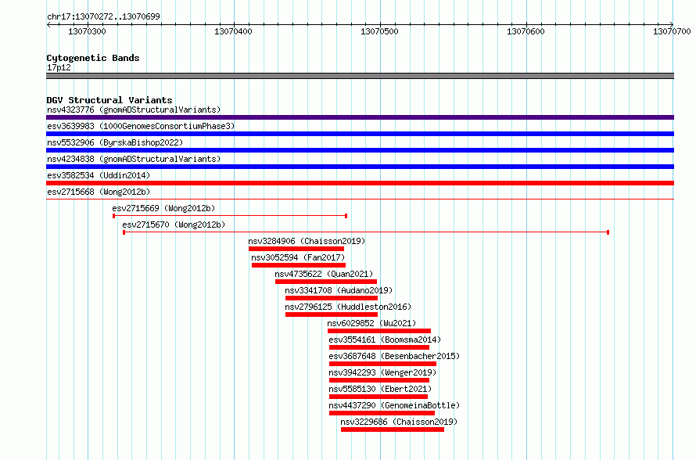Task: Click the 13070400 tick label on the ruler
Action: click(233, 31)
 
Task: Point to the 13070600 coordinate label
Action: click(526, 31)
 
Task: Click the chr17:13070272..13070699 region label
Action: click(103, 17)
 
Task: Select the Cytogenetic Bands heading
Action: click(93, 58)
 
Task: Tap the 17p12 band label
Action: click(59, 67)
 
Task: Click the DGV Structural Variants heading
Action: click(109, 100)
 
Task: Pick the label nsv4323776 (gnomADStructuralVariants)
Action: click(134, 110)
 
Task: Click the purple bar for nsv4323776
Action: click(360, 117)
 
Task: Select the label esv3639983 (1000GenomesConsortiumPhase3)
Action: click(141, 126)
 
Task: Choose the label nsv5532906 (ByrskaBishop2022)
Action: click(115, 142)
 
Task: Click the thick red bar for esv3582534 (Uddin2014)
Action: click(360, 183)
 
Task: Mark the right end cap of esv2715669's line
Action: click(346, 216)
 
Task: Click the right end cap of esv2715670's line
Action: click(608, 232)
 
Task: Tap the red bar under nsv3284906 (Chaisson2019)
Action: click(296, 249)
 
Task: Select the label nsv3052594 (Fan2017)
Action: click(298, 257)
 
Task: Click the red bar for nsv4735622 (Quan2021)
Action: click(326, 282)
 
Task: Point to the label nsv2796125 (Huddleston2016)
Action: click(348, 307)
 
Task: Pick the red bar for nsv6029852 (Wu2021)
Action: click(379, 331)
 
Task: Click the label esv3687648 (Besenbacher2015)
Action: click(394, 356)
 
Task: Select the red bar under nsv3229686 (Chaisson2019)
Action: click(393, 429)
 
